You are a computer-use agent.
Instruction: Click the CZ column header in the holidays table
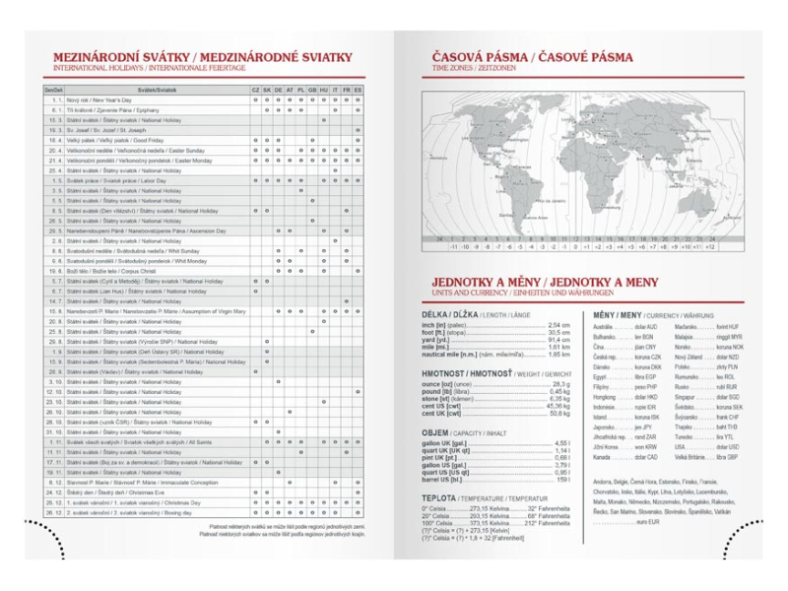point(255,90)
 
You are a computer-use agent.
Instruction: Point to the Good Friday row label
point(108,140)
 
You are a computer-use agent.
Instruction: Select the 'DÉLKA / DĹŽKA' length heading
point(457,314)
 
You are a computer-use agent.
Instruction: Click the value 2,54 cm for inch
point(558,325)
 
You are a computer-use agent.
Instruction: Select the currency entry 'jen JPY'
point(645,427)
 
